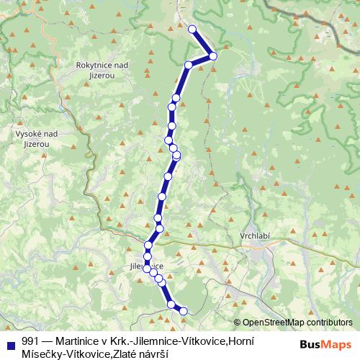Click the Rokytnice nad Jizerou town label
[x=102, y=69]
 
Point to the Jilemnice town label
[x=146, y=267]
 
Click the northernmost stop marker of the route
[x=192, y=29]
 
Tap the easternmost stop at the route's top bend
[x=213, y=55]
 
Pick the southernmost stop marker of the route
[x=183, y=311]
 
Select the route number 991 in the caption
[x=31, y=341]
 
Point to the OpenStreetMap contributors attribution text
[x=297, y=323]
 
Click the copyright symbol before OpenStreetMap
[x=237, y=323]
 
